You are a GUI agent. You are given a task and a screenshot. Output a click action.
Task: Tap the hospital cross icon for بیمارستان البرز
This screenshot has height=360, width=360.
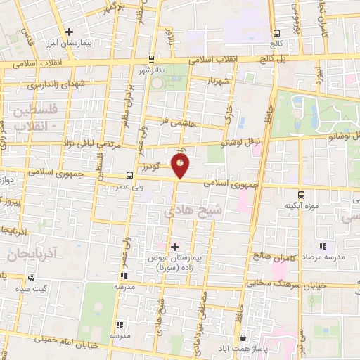tap(69, 32)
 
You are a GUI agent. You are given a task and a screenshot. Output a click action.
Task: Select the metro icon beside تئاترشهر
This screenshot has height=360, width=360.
tap(151, 59)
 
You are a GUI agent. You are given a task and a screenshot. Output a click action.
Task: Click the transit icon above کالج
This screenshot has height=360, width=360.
tap(277, 32)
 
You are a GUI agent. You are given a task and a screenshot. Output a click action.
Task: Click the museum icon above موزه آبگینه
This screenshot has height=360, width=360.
tap(301, 194)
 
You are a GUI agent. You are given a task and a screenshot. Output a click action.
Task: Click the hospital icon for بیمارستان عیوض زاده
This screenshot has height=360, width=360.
tap(174, 247)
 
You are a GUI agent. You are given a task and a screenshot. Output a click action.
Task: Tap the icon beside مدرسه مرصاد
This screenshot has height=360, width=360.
tap(323, 246)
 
